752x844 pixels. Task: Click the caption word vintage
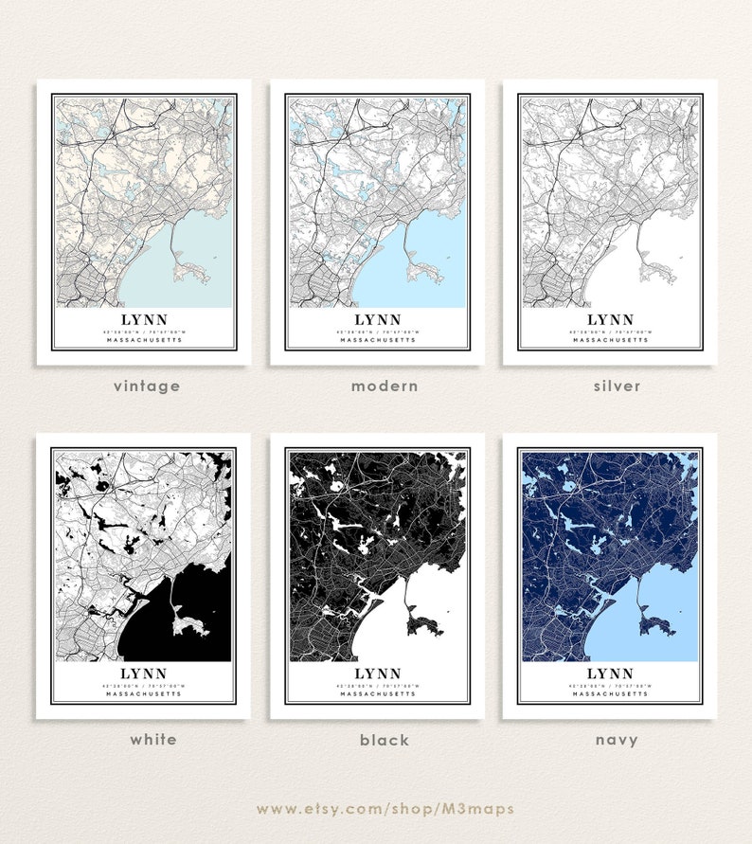(146, 386)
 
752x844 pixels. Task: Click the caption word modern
(385, 386)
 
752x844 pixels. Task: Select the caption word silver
(618, 386)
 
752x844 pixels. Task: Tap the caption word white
(152, 739)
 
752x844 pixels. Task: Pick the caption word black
(385, 739)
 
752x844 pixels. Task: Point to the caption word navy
(618, 739)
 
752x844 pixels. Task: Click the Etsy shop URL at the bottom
(385, 808)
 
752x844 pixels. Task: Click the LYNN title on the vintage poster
(144, 320)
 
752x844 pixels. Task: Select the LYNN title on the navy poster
(610, 673)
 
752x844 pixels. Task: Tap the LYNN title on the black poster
(377, 673)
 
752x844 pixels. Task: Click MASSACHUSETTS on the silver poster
(610, 340)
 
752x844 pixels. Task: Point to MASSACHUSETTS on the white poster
(144, 693)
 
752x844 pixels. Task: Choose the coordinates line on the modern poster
(377, 332)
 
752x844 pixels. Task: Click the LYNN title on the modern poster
(377, 320)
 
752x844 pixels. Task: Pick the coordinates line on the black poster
(377, 685)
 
